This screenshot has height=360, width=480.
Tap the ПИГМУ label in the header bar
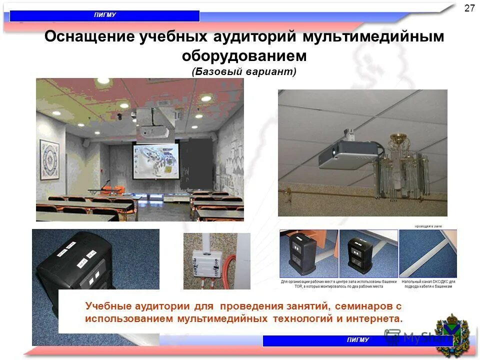105,15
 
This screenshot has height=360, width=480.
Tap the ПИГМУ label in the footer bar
357,340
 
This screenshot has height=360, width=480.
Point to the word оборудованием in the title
244,56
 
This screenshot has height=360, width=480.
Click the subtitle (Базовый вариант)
244,72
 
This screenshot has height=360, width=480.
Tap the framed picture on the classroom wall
49,159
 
